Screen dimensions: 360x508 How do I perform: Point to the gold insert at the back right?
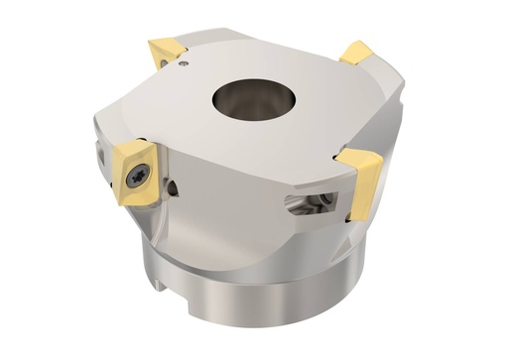click(356, 53)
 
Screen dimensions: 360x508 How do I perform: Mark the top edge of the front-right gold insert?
click(355, 154)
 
